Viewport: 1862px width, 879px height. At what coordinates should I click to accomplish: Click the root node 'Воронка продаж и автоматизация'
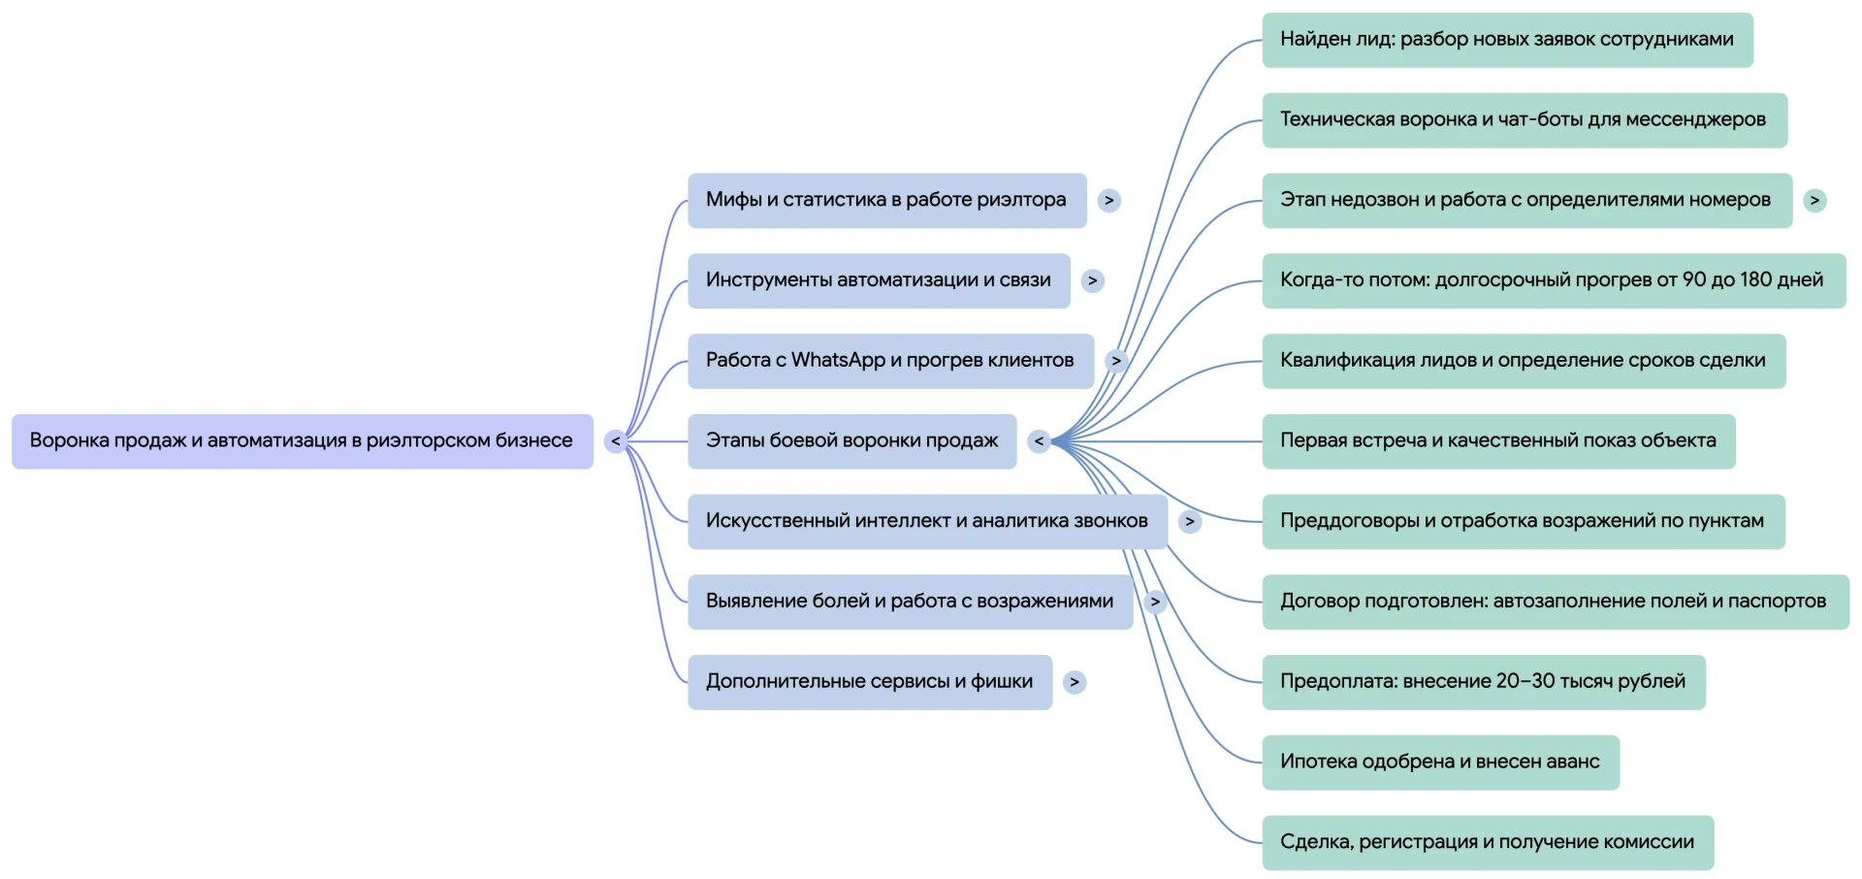coord(302,441)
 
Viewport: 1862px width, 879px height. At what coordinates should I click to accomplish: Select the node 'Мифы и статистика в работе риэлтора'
coord(886,201)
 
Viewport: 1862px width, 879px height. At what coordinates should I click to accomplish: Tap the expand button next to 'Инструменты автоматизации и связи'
coord(1093,281)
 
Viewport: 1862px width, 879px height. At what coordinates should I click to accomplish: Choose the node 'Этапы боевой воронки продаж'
coord(851,441)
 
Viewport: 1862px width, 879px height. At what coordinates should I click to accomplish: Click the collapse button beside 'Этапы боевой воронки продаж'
coord(1039,441)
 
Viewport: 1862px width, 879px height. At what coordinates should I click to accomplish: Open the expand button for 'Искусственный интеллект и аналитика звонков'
coord(1190,522)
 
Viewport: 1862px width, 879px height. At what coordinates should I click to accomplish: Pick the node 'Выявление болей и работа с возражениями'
coord(910,602)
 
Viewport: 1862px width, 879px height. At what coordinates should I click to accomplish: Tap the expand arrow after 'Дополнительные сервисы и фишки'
coord(1074,682)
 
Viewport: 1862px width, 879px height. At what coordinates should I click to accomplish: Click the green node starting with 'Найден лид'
coord(1507,40)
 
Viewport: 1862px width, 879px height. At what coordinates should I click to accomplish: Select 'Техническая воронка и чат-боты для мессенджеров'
coord(1525,120)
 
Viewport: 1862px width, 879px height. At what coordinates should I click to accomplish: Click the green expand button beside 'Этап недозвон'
coord(1814,201)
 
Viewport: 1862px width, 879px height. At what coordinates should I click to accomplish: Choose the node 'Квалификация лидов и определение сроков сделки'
coord(1524,361)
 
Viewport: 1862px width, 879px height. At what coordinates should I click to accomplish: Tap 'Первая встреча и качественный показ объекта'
coord(1498,441)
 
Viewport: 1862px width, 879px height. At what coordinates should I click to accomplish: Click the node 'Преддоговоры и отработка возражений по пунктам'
coord(1524,522)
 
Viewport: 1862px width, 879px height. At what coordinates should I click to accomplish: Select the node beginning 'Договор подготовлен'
coord(1556,602)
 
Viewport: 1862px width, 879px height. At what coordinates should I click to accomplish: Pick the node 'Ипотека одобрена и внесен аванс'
coord(1440,763)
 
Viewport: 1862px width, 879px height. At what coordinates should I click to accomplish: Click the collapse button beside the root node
coord(615,441)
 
